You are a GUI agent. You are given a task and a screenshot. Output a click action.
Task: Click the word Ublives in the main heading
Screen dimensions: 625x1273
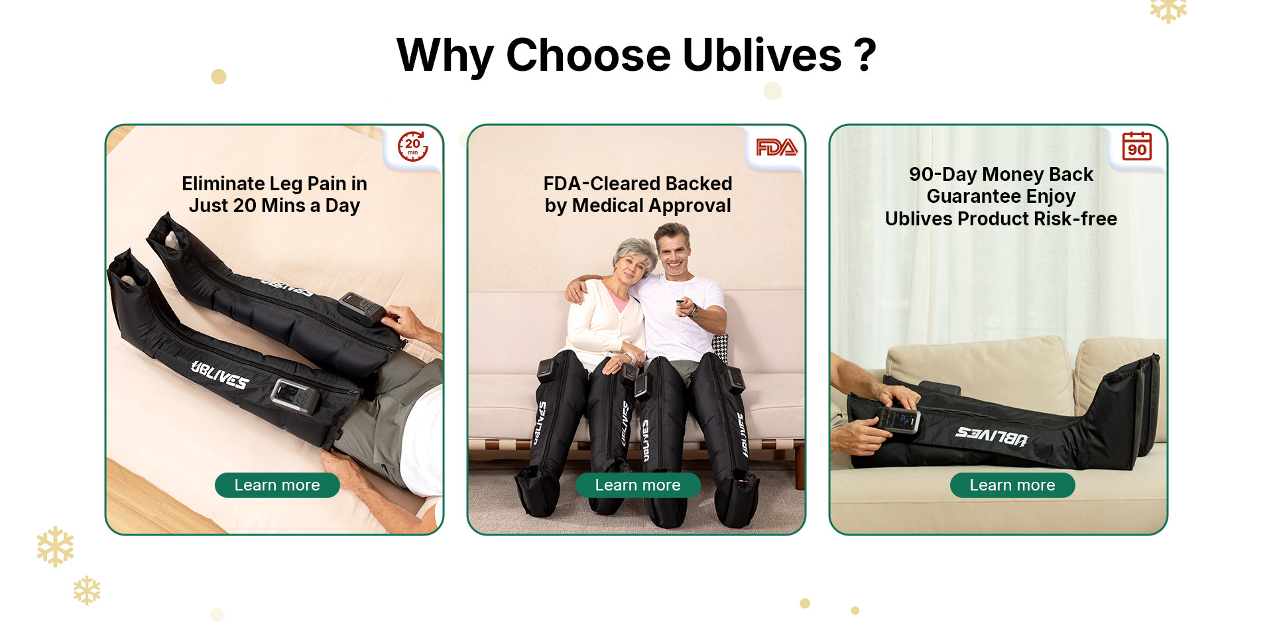(x=761, y=55)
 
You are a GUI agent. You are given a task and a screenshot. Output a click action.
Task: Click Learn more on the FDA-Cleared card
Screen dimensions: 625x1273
(x=637, y=485)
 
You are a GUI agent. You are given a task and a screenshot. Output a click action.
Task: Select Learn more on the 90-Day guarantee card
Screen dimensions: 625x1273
(x=1012, y=485)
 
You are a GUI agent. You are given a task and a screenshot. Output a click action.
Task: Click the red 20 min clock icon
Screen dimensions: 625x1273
(x=412, y=146)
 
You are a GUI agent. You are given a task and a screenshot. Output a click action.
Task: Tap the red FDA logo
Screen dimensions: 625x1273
(x=776, y=147)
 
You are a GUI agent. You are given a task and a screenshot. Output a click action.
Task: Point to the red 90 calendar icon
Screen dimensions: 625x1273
(x=1136, y=146)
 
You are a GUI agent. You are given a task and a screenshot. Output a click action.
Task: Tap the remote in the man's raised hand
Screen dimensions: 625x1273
(x=680, y=303)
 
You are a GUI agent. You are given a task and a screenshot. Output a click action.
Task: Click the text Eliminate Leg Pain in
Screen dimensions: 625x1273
(x=274, y=184)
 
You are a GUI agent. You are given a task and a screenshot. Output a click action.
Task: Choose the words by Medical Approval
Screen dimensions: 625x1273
(x=637, y=206)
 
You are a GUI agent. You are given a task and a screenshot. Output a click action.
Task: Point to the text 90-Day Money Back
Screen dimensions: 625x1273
(x=1000, y=174)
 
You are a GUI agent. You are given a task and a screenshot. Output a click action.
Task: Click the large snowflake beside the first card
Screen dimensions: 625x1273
(x=55, y=546)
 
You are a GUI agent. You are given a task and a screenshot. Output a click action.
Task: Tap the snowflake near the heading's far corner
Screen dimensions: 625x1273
(x=1168, y=10)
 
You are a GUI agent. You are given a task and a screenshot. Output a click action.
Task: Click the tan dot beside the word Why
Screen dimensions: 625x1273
(x=219, y=77)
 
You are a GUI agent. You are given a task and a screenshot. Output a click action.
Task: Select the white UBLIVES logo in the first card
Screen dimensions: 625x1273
(x=219, y=375)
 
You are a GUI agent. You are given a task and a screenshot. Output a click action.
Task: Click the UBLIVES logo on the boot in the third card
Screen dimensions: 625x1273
(x=991, y=436)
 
